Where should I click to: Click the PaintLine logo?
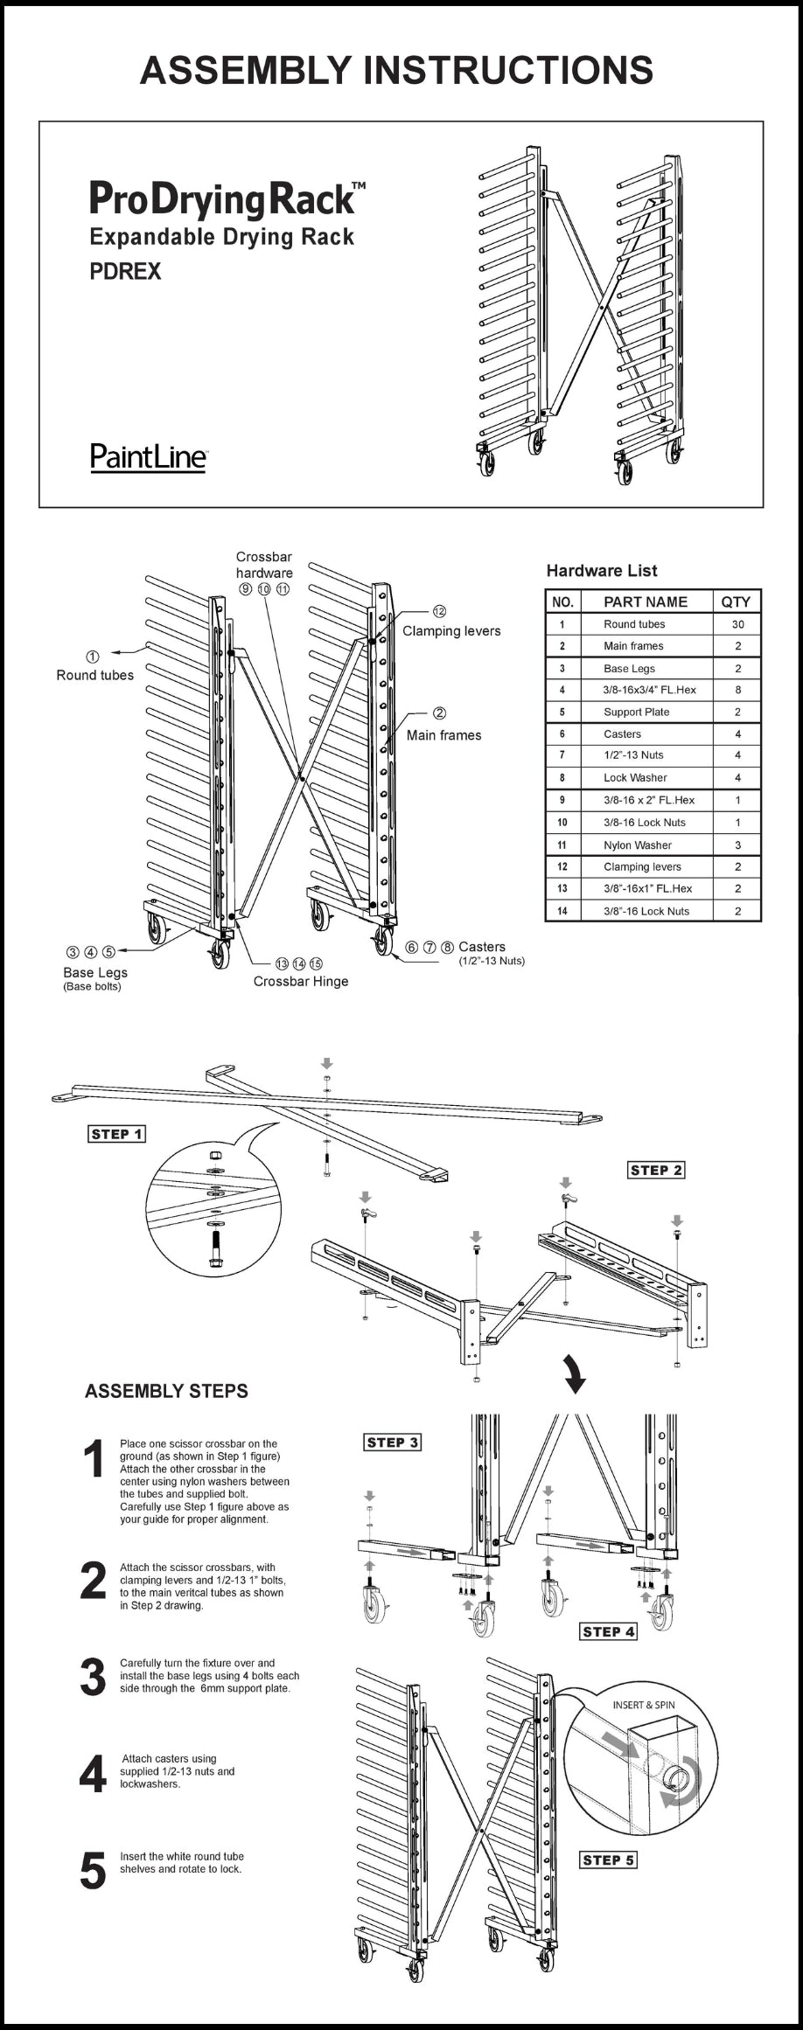pyautogui.click(x=149, y=456)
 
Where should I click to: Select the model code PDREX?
pyautogui.click(x=125, y=272)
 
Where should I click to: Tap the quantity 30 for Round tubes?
pyautogui.click(x=737, y=624)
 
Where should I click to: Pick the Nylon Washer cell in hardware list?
pyautogui.click(x=638, y=845)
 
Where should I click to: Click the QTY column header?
pyautogui.click(x=736, y=601)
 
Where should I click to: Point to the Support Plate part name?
pyautogui.click(x=636, y=712)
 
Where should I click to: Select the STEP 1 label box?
pyautogui.click(x=117, y=1134)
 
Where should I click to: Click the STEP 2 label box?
pyautogui.click(x=657, y=1170)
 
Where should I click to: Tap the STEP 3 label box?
pyautogui.click(x=393, y=1443)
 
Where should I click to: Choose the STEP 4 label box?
pyautogui.click(x=609, y=1631)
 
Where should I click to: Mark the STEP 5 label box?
pyautogui.click(x=609, y=1860)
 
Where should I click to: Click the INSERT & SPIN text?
pyautogui.click(x=644, y=1705)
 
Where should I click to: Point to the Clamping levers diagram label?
pyautogui.click(x=451, y=631)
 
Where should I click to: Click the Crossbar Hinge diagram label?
pyautogui.click(x=301, y=981)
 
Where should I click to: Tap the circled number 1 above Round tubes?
pyautogui.click(x=93, y=657)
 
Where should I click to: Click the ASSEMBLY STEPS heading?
pyautogui.click(x=166, y=1391)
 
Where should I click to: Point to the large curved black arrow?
pyautogui.click(x=574, y=1373)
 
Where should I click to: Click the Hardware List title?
pyautogui.click(x=602, y=571)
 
